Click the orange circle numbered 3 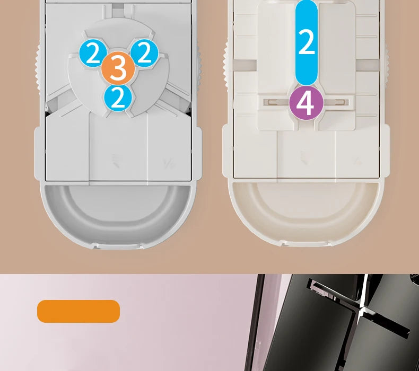pyautogui.click(x=118, y=68)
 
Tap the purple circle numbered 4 pyautogui.click(x=306, y=103)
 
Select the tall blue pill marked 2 pyautogui.click(x=306, y=43)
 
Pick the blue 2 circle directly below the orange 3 pyautogui.click(x=118, y=98)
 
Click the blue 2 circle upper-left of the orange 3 pyautogui.click(x=93, y=54)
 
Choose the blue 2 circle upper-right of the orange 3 pyautogui.click(x=144, y=53)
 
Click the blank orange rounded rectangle pyautogui.click(x=78, y=311)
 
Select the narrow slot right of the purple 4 pyautogui.click(x=336, y=102)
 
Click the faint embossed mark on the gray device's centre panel pyautogui.click(x=116, y=161)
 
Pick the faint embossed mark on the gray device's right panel pyautogui.click(x=169, y=163)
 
